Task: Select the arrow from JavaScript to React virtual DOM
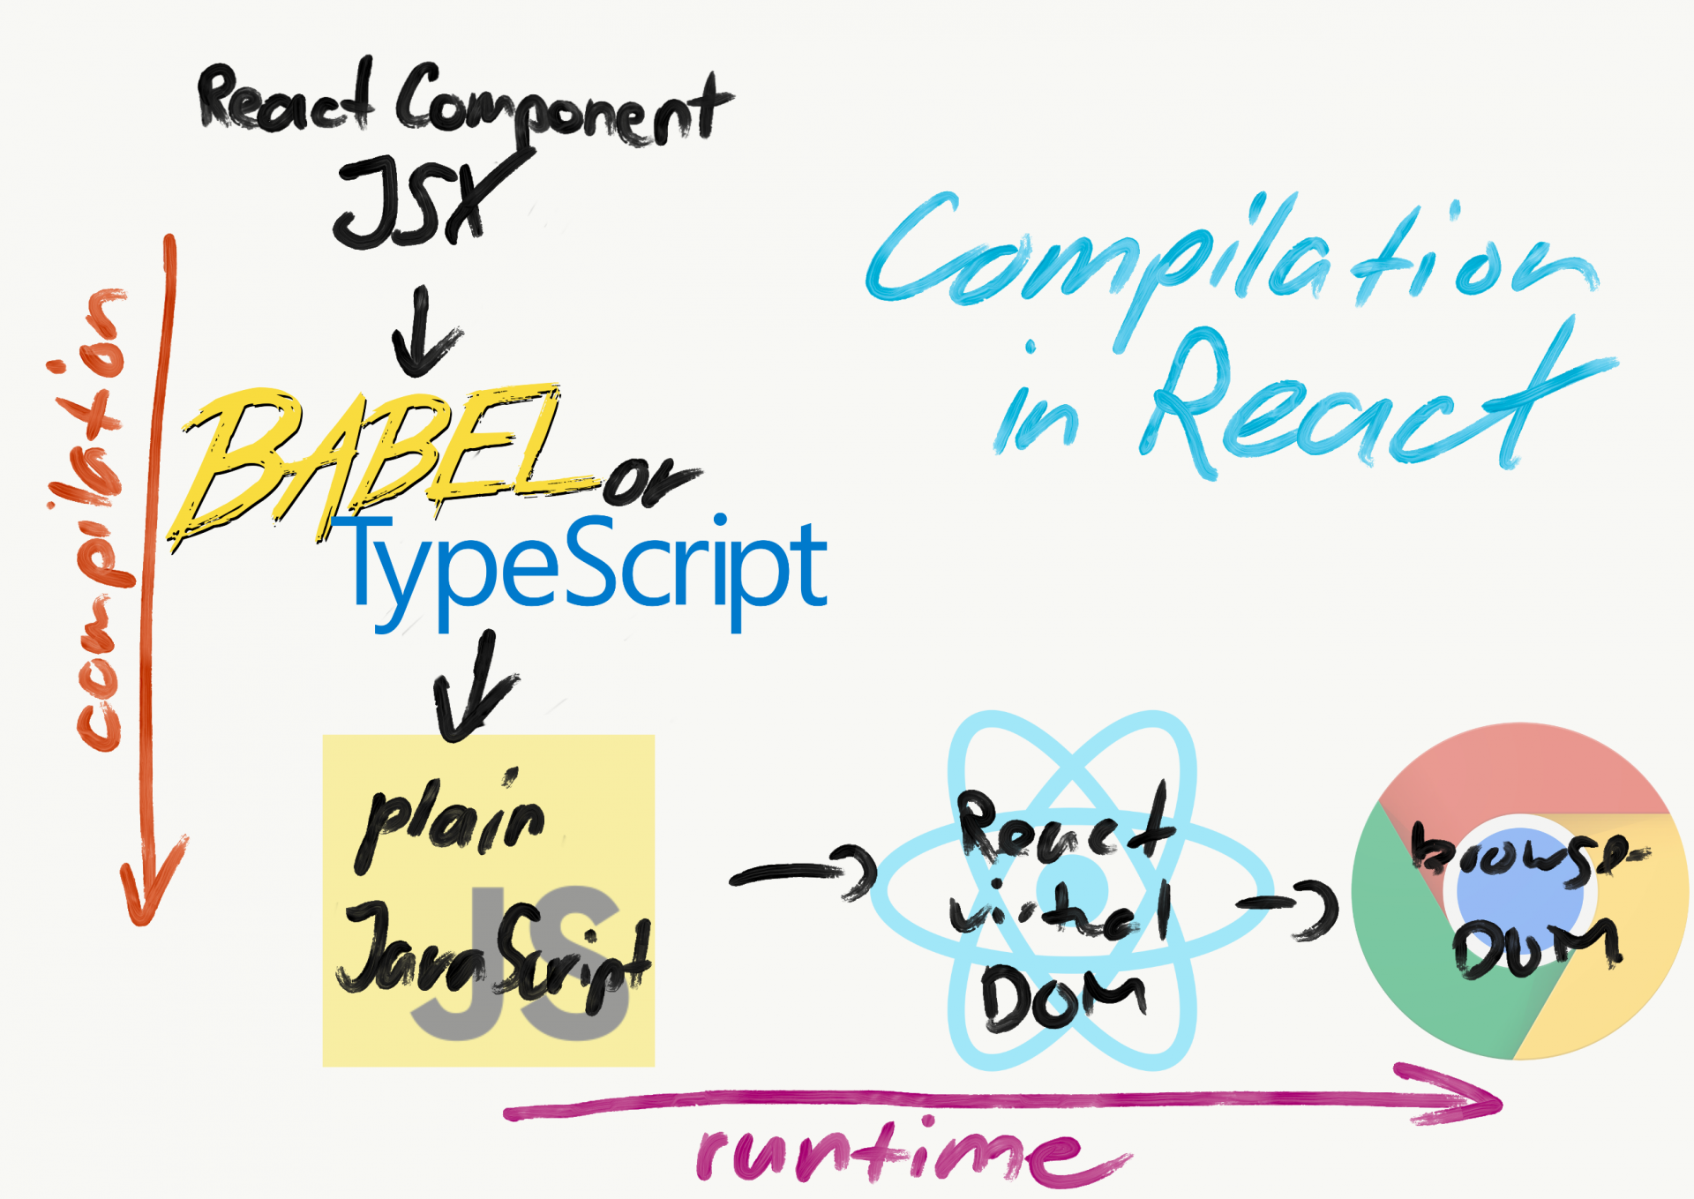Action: pos(803,873)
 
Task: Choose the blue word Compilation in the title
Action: pos(1226,256)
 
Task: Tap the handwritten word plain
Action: pos(450,821)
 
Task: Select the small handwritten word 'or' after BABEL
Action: pos(648,481)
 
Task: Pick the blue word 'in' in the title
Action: pos(1037,415)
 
